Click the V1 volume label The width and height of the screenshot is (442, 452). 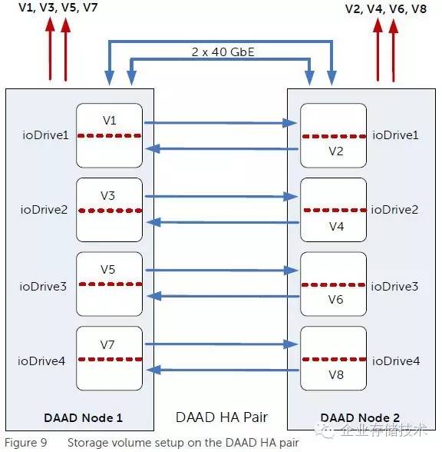pos(109,121)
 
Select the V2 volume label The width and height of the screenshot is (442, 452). pos(335,151)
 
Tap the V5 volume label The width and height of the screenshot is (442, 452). pos(109,270)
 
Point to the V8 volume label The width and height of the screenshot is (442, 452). pos(335,375)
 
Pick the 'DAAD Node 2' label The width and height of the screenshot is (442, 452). pos(359,417)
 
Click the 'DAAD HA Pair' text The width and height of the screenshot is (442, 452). pos(221,417)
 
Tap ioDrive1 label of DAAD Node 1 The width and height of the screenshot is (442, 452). pos(44,135)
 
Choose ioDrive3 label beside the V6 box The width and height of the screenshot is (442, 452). pos(395,286)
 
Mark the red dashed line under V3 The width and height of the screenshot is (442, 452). pos(109,210)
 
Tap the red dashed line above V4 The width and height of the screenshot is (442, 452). pos(335,210)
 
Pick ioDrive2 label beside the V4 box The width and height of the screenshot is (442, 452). pos(395,209)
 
